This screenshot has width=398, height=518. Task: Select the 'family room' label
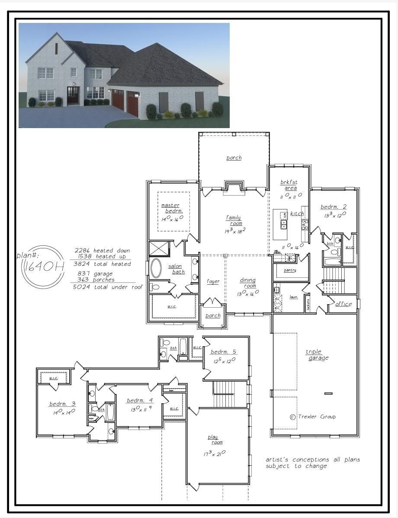coord(234,221)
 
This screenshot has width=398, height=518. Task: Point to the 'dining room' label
coord(248,283)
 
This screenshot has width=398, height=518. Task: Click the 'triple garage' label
coord(317,355)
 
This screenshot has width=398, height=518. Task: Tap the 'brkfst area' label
coord(289,185)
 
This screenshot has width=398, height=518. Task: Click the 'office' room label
coord(343,304)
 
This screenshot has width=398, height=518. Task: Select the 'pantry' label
coord(290,270)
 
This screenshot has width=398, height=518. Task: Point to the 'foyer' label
coord(213,282)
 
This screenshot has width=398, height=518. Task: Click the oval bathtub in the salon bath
coord(156,268)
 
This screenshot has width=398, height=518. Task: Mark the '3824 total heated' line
coord(102,264)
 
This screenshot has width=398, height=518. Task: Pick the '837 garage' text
coord(95,273)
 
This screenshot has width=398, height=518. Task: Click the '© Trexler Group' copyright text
coord(312,417)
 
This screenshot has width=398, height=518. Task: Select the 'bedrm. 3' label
coord(62,404)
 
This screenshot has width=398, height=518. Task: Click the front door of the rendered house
coord(73,95)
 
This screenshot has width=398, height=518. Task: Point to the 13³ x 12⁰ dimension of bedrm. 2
coord(335,215)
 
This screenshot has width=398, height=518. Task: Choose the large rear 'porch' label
coord(234,158)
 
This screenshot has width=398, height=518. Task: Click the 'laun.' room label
coord(294,297)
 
